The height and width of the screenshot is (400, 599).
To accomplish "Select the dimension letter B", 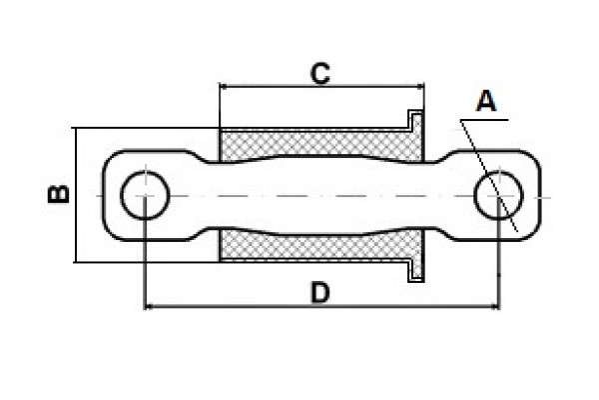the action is click(x=59, y=194).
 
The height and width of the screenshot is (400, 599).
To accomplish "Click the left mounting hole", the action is click(x=146, y=195).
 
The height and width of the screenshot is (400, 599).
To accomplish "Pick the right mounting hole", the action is click(x=499, y=195).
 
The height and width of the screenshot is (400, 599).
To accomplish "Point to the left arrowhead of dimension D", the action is click(x=151, y=306).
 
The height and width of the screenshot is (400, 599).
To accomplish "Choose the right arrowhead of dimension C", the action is click(x=418, y=87).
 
